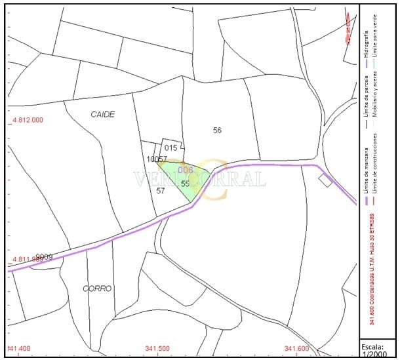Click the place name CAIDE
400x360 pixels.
click(102, 114)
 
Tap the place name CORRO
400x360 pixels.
click(97, 288)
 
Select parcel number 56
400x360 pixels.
click(217, 130)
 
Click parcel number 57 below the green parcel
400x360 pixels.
click(161, 190)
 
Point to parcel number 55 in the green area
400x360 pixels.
click(185, 184)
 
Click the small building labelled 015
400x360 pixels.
click(171, 148)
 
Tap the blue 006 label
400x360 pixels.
click(186, 169)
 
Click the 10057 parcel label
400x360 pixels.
click(156, 159)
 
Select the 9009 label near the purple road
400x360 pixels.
click(44, 256)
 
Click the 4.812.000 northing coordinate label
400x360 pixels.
click(28, 120)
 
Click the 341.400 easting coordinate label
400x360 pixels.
click(19, 348)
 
